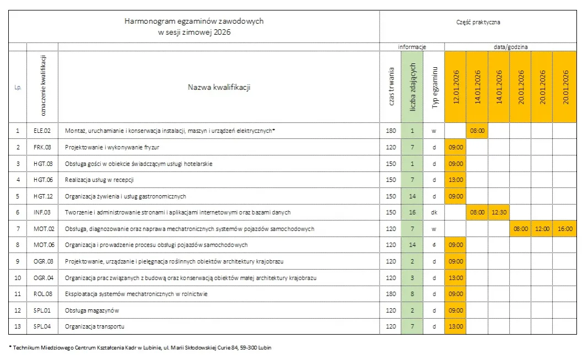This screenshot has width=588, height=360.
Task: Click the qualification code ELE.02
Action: [x=42, y=131]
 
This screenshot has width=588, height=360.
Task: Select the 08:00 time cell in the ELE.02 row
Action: [x=477, y=131]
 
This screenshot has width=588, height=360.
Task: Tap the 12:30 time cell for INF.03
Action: [x=499, y=212]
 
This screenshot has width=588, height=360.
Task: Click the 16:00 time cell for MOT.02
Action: [x=565, y=228]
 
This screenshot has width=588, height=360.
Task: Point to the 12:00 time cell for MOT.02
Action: [x=542, y=228]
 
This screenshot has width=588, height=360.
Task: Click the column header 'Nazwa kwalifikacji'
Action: [x=219, y=87]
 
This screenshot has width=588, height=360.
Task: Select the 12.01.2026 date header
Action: [x=456, y=87]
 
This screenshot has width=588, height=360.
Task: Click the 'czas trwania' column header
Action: [x=391, y=87]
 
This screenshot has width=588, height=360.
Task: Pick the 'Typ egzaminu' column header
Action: [x=434, y=87]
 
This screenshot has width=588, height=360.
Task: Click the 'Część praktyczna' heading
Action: [x=478, y=23]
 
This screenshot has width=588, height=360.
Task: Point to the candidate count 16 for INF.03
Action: [x=412, y=212]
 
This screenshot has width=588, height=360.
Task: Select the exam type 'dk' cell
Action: [x=434, y=212]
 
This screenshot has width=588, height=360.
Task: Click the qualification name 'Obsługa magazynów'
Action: [x=92, y=310]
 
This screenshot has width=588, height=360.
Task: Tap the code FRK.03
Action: [x=42, y=147]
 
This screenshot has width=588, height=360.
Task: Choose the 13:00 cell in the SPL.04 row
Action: [x=456, y=326]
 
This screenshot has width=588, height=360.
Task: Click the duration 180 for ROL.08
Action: [x=391, y=294]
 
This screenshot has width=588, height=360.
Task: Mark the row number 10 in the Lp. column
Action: [x=18, y=278]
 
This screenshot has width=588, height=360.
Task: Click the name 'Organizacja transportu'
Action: [x=95, y=326]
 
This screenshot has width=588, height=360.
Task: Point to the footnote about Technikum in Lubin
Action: [x=140, y=347]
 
